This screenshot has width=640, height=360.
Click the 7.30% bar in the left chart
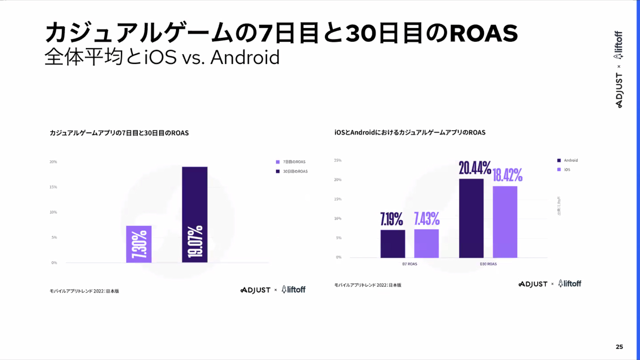coord(139,244)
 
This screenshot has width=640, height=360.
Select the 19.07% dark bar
coord(195,215)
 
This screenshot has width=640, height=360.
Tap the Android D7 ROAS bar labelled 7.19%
coord(392,244)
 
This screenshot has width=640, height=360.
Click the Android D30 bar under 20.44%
coord(471,218)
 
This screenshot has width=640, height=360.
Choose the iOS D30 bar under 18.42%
coord(505,222)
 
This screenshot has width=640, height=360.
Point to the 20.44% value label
coord(475,168)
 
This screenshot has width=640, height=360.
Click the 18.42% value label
coord(507,175)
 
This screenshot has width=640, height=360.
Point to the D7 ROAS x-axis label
coord(410,264)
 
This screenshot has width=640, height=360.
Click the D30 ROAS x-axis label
coord(488,264)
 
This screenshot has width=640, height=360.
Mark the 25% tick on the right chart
coord(338,160)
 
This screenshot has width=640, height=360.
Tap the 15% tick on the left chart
coord(53,187)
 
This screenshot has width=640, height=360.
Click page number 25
coord(619,347)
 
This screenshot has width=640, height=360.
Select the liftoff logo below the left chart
coord(293,290)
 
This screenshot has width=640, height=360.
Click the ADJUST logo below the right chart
coord(533,284)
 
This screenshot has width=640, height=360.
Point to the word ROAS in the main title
coord(484,33)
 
